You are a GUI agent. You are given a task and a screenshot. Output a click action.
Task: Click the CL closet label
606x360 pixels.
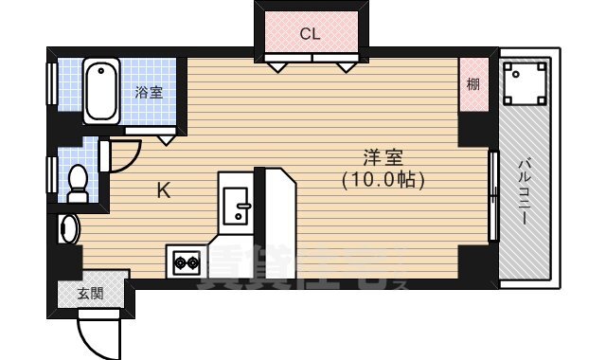coord(310,35)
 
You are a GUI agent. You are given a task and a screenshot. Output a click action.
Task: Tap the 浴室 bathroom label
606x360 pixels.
coord(149,93)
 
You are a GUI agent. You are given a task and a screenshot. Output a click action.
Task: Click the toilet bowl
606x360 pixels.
coord(80,181)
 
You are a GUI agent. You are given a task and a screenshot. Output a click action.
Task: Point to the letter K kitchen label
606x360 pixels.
coord(163,191)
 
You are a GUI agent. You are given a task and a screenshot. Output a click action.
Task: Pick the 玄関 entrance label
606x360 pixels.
coord(91,294)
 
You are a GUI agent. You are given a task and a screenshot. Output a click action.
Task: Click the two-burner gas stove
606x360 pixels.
coord(186,260)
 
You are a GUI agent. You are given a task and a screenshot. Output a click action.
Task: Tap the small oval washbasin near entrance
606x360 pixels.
coord(67,228)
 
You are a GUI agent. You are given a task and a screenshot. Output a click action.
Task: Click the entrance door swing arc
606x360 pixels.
coord(100,331)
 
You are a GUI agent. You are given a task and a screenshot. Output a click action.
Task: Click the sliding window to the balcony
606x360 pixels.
coord(492,196)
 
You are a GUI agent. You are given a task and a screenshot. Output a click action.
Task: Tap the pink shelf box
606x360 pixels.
coord(472,86)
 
